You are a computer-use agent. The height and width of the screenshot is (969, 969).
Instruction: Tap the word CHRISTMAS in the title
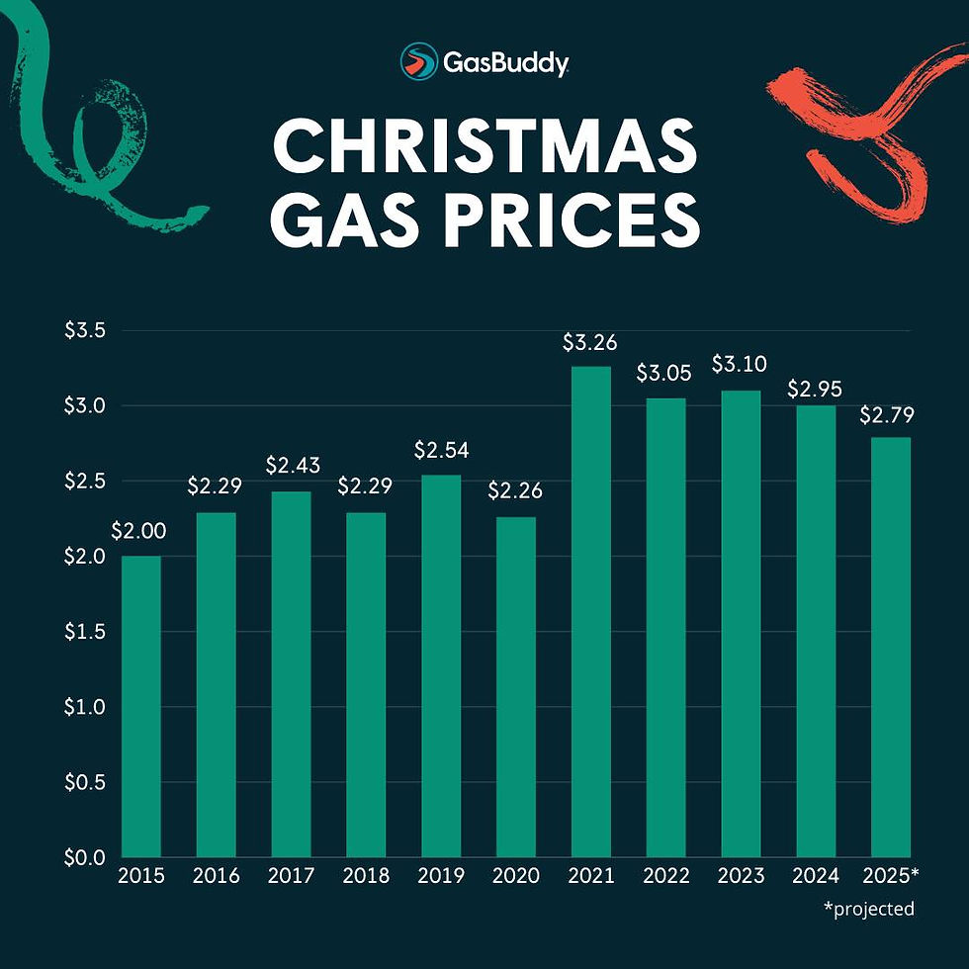point(484,147)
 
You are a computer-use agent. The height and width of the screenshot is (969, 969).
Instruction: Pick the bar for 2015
point(140,706)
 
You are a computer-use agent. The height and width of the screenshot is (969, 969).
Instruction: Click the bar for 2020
point(516,686)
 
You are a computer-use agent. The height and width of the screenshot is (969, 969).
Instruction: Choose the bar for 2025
point(891,647)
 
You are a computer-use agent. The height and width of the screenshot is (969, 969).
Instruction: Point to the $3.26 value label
point(590,343)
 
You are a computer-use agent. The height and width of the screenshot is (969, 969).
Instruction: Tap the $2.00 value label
point(138,532)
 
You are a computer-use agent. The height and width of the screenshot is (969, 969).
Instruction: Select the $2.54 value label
point(440,451)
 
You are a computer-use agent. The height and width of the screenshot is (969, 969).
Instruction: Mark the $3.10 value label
point(740,366)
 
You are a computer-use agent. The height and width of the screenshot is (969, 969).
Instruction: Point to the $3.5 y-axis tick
point(85,330)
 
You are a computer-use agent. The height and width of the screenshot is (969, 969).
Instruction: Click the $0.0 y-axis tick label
point(85,857)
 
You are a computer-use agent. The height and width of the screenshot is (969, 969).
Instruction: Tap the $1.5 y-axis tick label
point(85,632)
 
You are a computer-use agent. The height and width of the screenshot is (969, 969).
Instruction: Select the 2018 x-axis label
point(365,877)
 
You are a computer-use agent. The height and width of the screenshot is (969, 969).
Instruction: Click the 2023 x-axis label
point(741,877)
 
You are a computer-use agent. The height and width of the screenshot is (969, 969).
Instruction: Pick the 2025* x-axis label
point(892,877)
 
